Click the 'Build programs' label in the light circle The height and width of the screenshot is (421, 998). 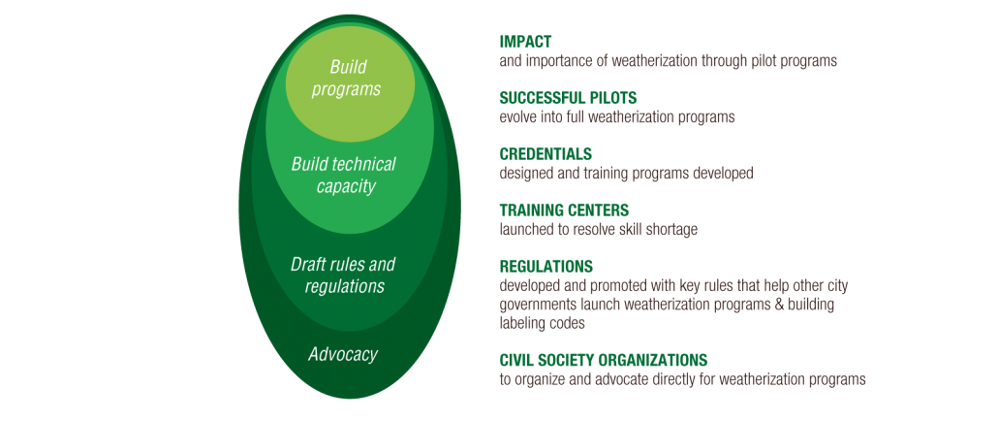click(346, 78)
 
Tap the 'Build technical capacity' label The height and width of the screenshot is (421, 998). click(344, 176)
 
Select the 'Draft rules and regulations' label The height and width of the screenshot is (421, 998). click(344, 275)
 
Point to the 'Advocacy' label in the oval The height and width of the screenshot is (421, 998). click(343, 354)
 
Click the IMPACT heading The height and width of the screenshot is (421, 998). click(525, 42)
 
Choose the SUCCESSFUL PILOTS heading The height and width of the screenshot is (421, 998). click(569, 98)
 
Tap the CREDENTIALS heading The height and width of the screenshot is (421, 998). click(546, 154)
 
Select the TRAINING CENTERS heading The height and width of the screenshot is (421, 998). click(564, 210)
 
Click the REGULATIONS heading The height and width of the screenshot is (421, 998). click(546, 266)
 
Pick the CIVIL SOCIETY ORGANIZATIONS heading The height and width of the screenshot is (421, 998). click(604, 359)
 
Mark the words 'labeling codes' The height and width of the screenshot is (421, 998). click(543, 324)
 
